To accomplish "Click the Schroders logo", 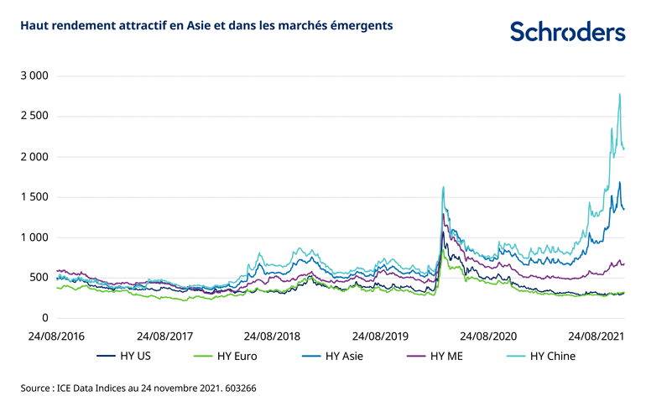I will point(567,31).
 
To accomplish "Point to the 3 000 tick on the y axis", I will point(34,76).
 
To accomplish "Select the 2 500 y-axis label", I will point(34,117).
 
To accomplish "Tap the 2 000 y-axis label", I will point(34,157).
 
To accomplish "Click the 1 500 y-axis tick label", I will point(34,197).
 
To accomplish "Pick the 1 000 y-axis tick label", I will point(34,237).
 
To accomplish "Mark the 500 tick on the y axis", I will point(38,278).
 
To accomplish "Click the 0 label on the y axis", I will point(44,318).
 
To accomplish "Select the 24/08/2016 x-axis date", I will point(57,336).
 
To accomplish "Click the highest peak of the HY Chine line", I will point(619,94).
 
